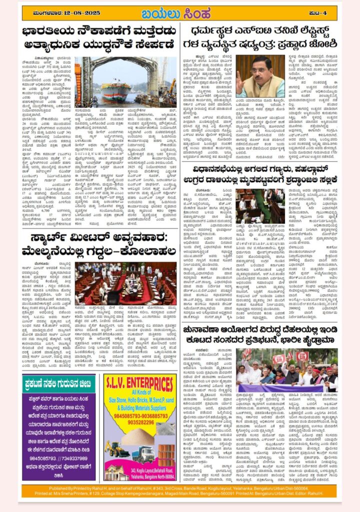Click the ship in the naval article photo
pyautogui.click(x=115, y=91)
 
